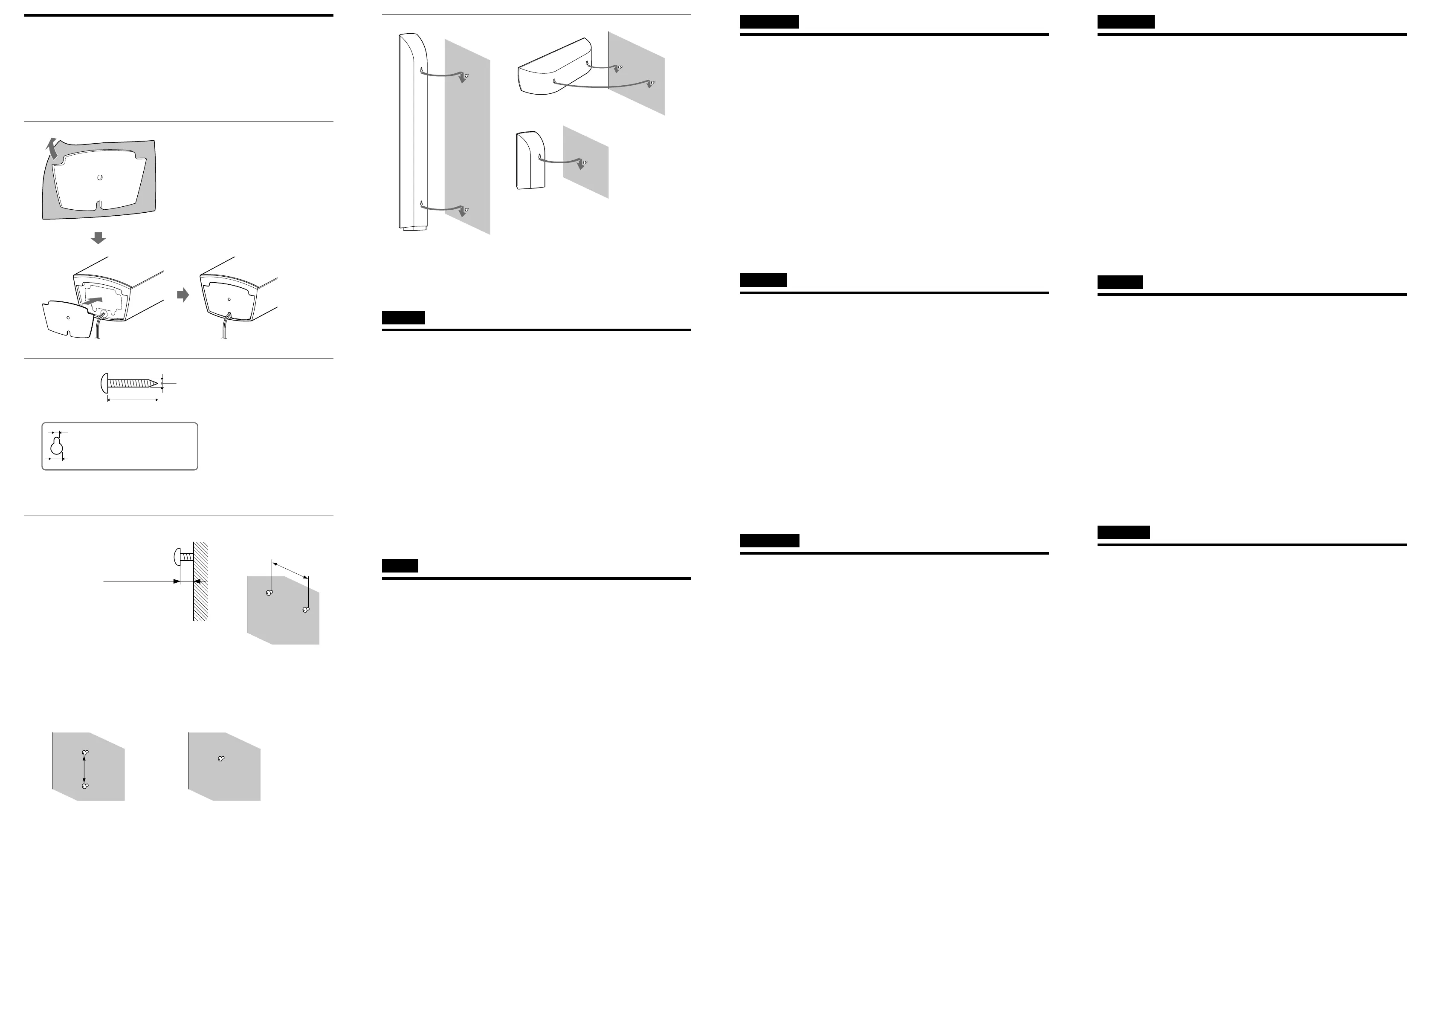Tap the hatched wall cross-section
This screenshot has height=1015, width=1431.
click(200, 581)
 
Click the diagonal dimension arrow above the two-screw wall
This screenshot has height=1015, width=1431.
click(291, 570)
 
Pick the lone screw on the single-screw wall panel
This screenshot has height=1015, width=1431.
click(221, 759)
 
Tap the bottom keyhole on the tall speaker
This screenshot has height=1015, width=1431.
click(423, 203)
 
